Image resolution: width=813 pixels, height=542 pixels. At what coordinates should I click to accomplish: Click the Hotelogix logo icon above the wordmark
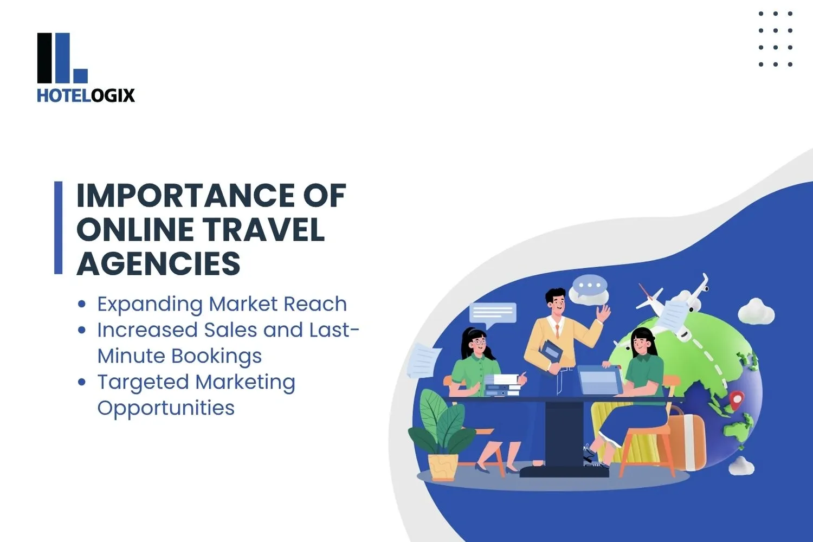62,58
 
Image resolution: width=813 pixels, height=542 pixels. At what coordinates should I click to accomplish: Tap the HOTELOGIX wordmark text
86,96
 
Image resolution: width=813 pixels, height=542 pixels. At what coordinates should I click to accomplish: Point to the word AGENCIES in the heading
158,264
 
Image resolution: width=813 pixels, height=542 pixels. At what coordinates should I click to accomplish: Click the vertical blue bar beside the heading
59,228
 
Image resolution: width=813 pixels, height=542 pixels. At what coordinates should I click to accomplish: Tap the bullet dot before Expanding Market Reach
82,304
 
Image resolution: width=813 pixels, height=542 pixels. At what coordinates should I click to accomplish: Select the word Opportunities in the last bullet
166,408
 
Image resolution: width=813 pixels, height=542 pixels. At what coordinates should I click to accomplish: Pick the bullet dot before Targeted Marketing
82,382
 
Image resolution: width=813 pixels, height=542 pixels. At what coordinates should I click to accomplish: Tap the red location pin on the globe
736,401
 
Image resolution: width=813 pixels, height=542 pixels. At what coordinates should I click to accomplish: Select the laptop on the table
600,380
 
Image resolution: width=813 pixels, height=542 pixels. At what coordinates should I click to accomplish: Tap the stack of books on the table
501,385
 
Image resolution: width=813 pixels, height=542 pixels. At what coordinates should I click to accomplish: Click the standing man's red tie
557,331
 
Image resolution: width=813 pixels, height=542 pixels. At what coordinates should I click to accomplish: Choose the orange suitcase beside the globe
687,439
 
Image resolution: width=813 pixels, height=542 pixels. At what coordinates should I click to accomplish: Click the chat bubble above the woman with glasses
493,314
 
